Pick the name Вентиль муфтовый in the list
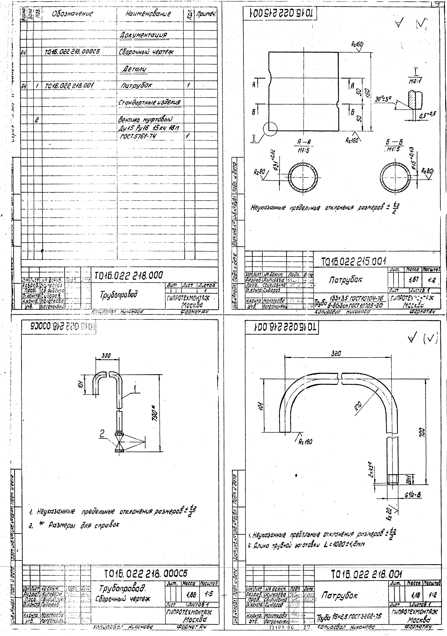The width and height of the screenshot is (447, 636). point(145,119)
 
